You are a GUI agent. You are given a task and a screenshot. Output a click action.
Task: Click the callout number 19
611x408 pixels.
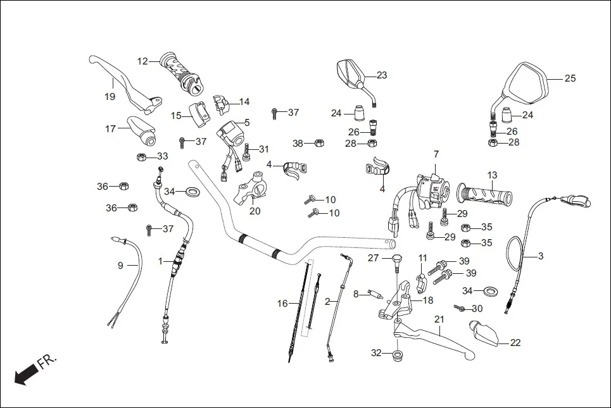point(110,97)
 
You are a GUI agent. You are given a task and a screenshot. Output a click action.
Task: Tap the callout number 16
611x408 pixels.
point(282,304)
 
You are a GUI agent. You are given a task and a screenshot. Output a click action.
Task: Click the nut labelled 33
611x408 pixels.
point(142,156)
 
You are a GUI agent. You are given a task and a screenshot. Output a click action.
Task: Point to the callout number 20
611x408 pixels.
point(255,211)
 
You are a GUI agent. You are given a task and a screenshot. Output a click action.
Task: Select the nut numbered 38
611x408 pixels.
point(320,143)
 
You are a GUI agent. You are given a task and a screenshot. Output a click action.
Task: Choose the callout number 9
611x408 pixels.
point(120,266)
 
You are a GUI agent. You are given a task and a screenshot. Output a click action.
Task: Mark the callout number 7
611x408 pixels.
point(436,154)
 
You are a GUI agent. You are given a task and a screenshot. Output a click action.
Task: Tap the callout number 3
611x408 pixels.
point(540,256)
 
